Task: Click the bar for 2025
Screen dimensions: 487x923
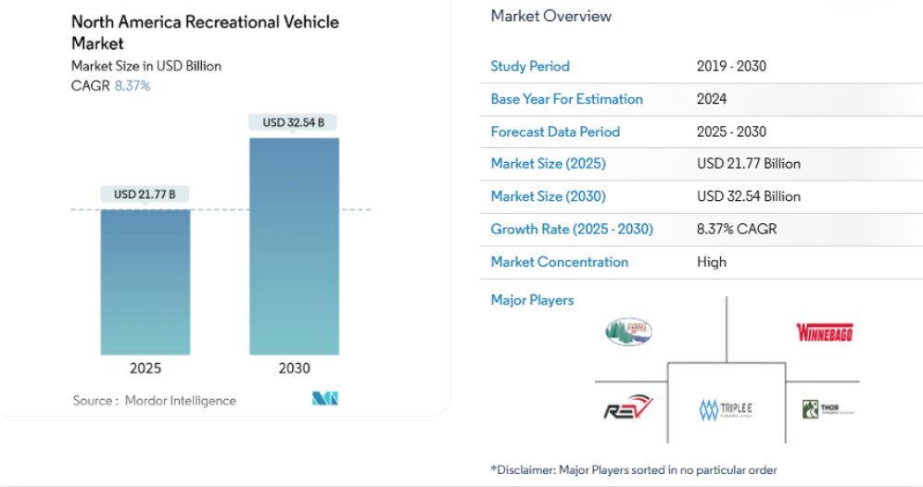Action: tap(145, 281)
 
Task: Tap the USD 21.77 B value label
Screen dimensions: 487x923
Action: tap(145, 194)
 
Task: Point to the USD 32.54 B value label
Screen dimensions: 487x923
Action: tap(294, 122)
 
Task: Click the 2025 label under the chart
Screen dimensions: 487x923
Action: tap(145, 368)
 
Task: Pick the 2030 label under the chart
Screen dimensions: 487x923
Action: tap(294, 368)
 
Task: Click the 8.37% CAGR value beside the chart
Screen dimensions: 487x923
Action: tap(133, 85)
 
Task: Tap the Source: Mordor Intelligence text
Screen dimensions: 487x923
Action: tap(155, 401)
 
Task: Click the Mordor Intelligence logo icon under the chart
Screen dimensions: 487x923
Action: tap(325, 399)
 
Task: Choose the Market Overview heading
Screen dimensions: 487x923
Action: tap(551, 16)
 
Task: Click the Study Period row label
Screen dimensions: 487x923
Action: tap(530, 67)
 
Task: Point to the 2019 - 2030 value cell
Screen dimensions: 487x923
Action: tap(731, 67)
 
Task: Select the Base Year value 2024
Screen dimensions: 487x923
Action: tap(712, 99)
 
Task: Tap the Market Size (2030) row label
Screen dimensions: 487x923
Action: tap(549, 196)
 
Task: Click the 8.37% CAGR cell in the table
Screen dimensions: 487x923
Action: tap(737, 229)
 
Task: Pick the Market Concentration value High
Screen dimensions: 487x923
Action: tap(712, 262)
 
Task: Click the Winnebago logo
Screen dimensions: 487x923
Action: tap(824, 332)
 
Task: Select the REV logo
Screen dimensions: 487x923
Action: tap(628, 408)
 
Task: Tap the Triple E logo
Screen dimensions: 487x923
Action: tap(727, 408)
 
